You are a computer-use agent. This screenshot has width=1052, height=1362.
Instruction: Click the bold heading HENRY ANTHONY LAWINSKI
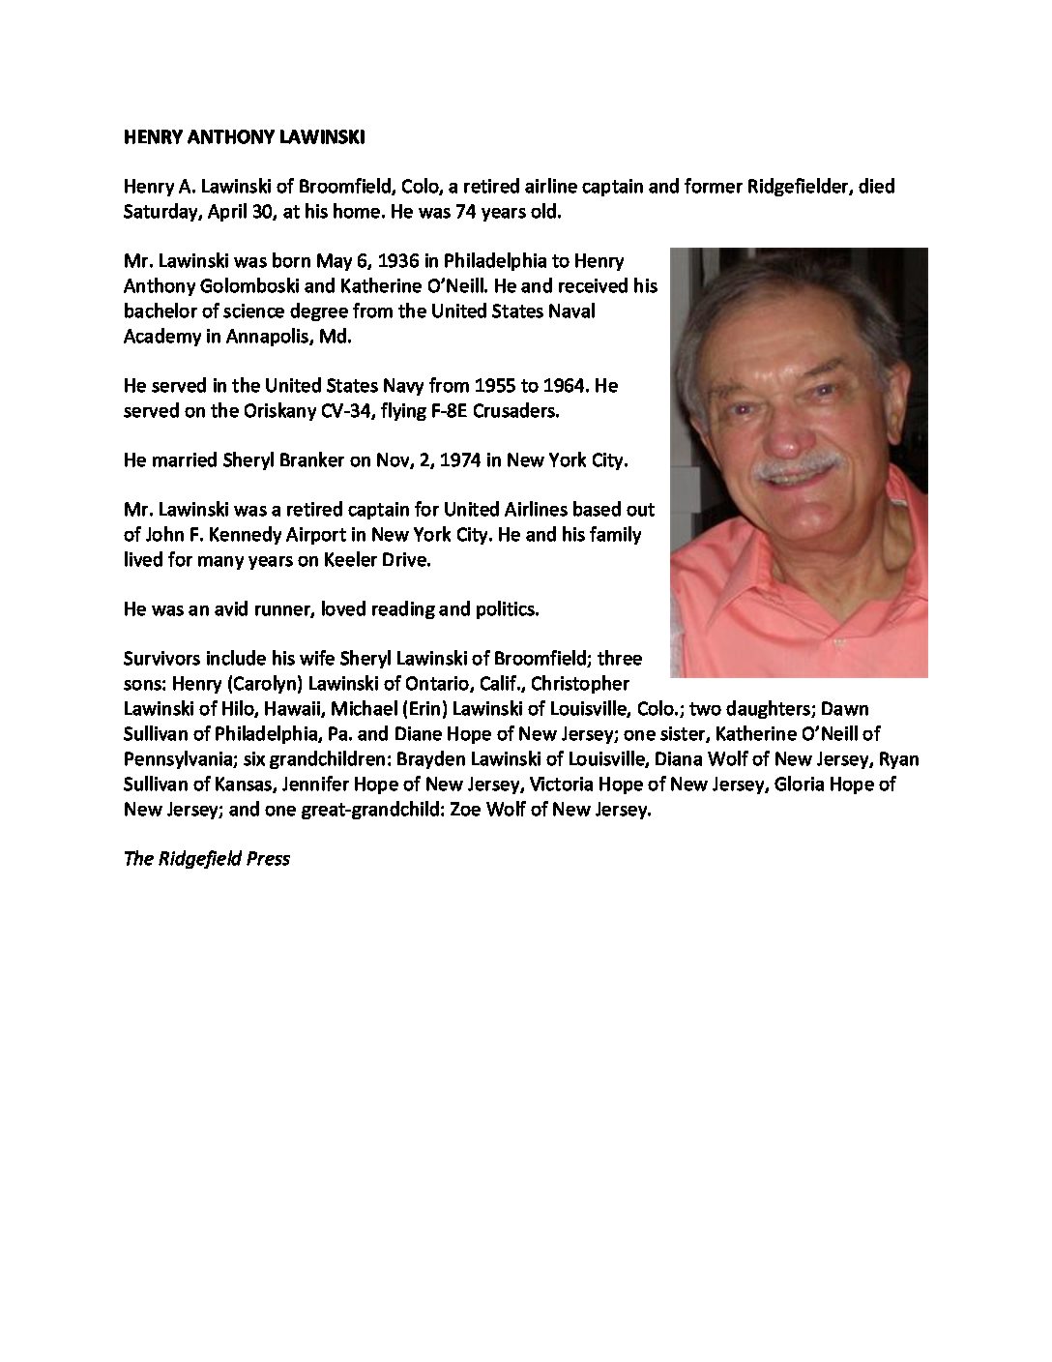click(x=244, y=137)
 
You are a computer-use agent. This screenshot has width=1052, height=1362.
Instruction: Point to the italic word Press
click(x=268, y=858)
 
